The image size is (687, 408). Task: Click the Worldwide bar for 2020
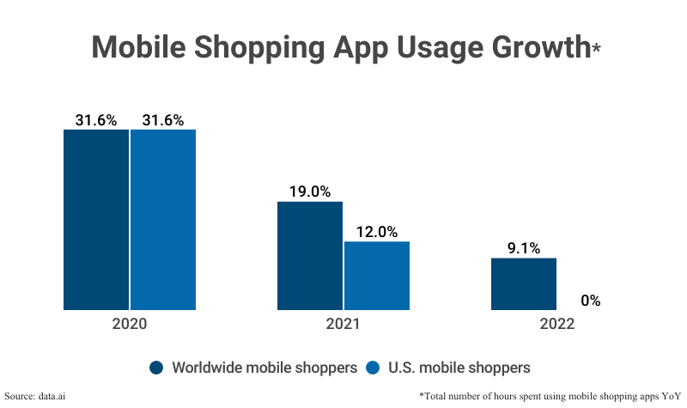[96, 219]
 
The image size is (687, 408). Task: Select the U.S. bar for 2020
[163, 219]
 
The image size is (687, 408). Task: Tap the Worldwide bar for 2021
[309, 255]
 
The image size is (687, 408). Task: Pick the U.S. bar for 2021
[377, 275]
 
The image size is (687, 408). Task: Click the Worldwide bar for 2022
[524, 283]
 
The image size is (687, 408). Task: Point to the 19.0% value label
[309, 192]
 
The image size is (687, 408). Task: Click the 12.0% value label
[377, 231]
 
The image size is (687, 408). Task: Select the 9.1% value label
[524, 248]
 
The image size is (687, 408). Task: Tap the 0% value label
[590, 301]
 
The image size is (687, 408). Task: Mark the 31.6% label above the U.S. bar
[163, 119]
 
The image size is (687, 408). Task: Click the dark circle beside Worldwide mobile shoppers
[156, 368]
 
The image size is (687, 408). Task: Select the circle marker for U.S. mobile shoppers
[373, 368]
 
